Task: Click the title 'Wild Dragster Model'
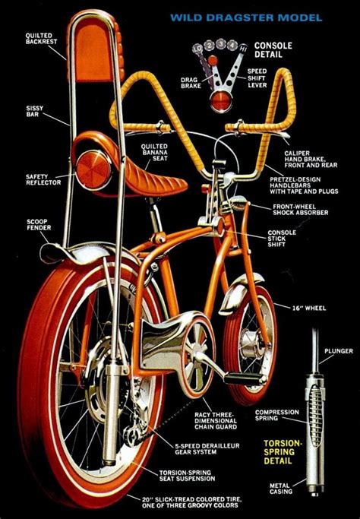[x=246, y=17]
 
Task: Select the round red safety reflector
[x=93, y=170]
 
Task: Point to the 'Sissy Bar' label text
[x=35, y=111]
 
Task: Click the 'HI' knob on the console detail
[x=243, y=49]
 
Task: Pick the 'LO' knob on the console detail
[x=197, y=49]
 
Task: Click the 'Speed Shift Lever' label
[x=257, y=78]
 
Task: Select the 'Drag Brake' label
[x=191, y=83]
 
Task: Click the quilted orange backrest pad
[x=92, y=50]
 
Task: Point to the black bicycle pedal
[x=245, y=378]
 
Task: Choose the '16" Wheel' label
[x=309, y=309]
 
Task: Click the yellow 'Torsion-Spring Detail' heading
[x=283, y=452]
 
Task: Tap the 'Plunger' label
[x=339, y=351]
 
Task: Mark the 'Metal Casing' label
[x=281, y=489]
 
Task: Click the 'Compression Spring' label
[x=276, y=415]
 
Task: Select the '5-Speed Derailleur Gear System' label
[x=207, y=449]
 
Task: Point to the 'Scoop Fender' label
[x=39, y=224]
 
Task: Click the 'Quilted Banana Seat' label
[x=154, y=152]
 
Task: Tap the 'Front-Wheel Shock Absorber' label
[x=301, y=210]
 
